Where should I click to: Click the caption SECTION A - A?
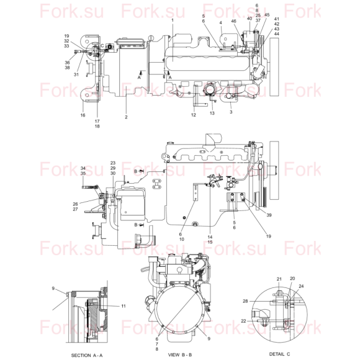coord(87,355)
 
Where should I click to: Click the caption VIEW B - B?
coord(180,354)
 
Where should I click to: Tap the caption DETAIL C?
coord(279,354)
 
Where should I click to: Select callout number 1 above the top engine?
coord(173,20)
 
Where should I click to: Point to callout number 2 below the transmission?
coord(126,117)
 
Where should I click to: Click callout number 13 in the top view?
coord(212,113)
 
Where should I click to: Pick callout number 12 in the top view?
coord(194,115)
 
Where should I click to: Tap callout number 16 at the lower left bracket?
coord(83,115)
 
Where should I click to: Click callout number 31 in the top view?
coord(76,74)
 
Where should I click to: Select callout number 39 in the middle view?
coord(269,215)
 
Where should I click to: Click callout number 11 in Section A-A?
coord(124,306)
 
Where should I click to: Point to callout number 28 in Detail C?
coord(245,301)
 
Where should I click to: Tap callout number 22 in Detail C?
coord(243,321)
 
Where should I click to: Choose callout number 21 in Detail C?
coord(279,279)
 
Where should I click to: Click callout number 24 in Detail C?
coord(301,286)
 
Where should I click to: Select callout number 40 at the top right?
coord(250,19)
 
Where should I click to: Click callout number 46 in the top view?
coord(233,21)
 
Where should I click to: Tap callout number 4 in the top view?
coord(220,23)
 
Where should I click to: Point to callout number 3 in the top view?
coord(231,112)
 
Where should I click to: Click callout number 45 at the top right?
coord(267,15)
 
